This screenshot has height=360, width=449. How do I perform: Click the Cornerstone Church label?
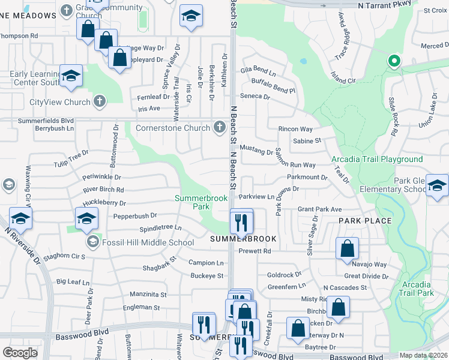coord(173,127)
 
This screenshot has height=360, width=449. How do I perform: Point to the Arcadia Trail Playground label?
coord(377,159)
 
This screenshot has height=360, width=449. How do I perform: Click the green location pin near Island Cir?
coord(394,61)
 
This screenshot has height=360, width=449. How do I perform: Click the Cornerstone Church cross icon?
coord(219,127)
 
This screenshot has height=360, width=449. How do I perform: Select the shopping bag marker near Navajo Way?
coord(347,249)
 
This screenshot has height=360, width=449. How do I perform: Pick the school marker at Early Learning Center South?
coord(71,76)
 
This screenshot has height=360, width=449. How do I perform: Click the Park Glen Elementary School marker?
coord(437,186)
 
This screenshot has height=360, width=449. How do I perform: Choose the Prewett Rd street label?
coord(255,251)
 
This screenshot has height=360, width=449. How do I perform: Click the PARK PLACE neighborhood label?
coord(365,221)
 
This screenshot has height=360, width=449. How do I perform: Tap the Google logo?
coord(20,352)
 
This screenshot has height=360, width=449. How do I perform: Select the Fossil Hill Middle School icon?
coord(92,242)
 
